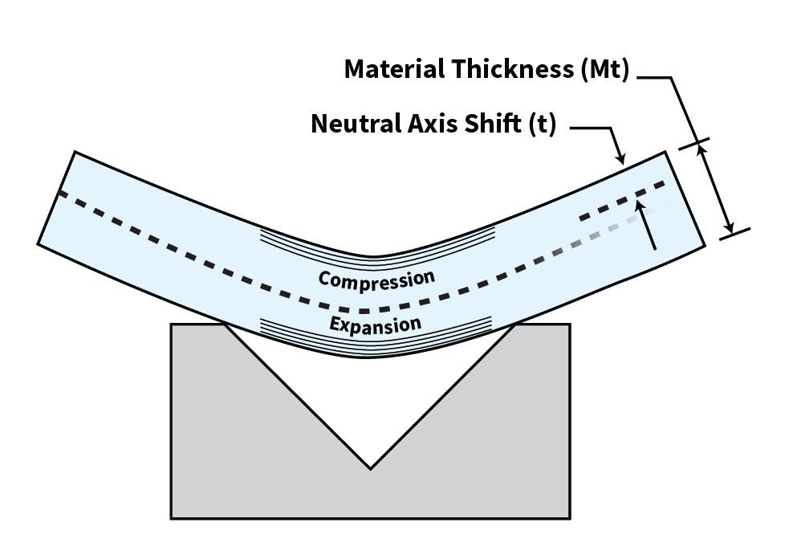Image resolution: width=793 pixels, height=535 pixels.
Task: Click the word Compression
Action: (x=376, y=279)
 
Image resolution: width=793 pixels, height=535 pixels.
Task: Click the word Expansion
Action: (x=375, y=325)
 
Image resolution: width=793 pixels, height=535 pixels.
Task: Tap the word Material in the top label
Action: (x=392, y=69)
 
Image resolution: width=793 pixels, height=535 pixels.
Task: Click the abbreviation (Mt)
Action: (x=604, y=69)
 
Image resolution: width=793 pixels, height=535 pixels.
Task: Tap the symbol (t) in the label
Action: (x=543, y=125)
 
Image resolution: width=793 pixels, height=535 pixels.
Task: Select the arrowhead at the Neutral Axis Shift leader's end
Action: (x=621, y=159)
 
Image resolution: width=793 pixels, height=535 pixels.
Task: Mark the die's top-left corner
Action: (x=171, y=325)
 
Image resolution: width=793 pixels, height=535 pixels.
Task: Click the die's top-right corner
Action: (x=570, y=325)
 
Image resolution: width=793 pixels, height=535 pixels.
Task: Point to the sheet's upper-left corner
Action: (x=75, y=152)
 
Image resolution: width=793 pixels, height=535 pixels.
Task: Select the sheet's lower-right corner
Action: (x=704, y=245)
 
